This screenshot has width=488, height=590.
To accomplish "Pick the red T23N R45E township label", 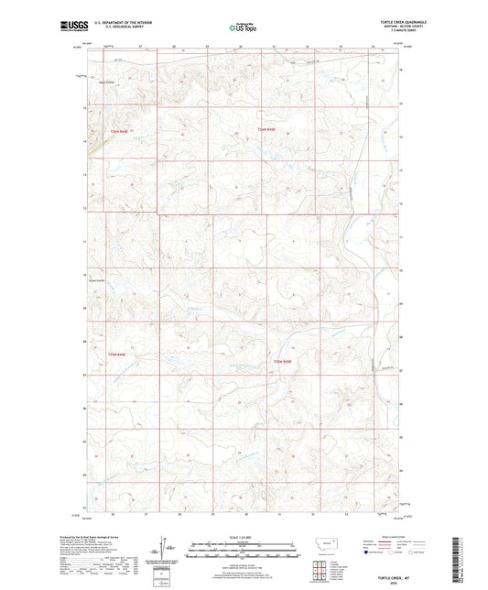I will pos(284,364).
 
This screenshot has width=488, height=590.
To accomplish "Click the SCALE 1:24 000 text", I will pos(244,537).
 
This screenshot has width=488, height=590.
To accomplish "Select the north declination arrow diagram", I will pos(168,552).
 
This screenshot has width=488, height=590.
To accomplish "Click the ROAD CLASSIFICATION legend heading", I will pos(396,537).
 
